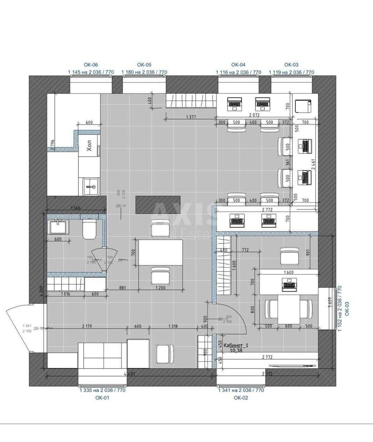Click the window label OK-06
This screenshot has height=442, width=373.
(x=91, y=65)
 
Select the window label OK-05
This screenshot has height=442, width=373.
(x=144, y=65)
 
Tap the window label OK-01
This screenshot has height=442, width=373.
(x=102, y=397)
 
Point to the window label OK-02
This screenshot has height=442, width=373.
(x=241, y=397)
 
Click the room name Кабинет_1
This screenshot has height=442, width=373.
(x=236, y=345)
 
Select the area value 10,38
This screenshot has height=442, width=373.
(x=236, y=351)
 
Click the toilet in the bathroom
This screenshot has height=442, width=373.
(x=89, y=229)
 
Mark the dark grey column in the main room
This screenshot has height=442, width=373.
(x=158, y=204)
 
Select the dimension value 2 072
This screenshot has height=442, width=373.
(x=254, y=115)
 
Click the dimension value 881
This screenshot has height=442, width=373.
(x=122, y=288)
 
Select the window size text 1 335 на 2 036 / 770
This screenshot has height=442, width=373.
(x=102, y=390)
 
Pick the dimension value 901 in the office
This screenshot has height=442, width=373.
(x=308, y=253)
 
